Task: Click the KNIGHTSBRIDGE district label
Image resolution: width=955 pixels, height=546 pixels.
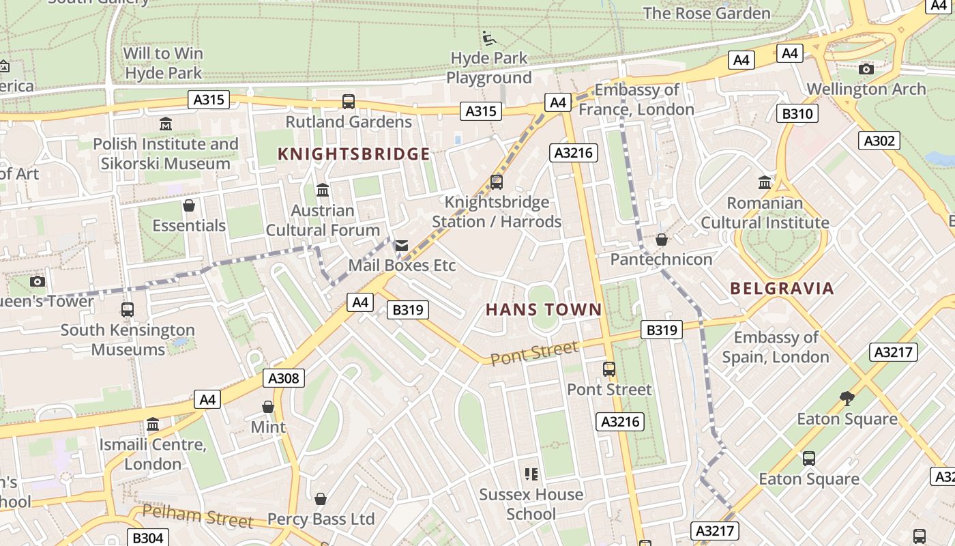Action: pyautogui.click(x=353, y=154)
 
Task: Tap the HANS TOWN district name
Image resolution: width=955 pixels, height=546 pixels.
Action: pyautogui.click(x=544, y=310)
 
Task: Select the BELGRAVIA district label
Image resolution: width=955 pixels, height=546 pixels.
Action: pyautogui.click(x=782, y=288)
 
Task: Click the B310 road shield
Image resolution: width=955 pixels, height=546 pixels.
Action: pyautogui.click(x=797, y=113)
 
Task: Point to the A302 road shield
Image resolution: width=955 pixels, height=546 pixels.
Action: pyautogui.click(x=879, y=141)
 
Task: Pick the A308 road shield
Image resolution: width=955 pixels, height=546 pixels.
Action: pyautogui.click(x=284, y=378)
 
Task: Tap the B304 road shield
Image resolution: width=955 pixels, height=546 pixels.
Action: pyautogui.click(x=147, y=538)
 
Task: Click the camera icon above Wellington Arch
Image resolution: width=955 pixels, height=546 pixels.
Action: pyautogui.click(x=866, y=69)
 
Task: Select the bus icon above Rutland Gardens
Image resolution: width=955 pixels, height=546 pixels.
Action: pyautogui.click(x=349, y=102)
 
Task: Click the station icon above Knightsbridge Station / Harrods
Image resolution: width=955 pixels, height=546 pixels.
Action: pyautogui.click(x=497, y=182)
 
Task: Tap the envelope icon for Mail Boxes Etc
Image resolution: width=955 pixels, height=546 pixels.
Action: pyautogui.click(x=402, y=246)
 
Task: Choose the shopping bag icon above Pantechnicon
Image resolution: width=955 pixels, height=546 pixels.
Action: pyautogui.click(x=661, y=240)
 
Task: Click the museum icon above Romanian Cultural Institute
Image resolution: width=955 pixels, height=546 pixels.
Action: pyautogui.click(x=765, y=183)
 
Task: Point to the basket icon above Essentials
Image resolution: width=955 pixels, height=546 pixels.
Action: pyautogui.click(x=189, y=205)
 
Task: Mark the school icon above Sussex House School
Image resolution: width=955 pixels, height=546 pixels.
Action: pyautogui.click(x=531, y=474)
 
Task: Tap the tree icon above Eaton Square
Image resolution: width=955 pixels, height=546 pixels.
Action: pyautogui.click(x=847, y=398)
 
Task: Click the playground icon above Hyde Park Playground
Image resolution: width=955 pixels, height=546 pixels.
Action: pyautogui.click(x=488, y=38)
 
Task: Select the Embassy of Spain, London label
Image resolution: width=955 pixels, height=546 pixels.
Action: pyautogui.click(x=776, y=347)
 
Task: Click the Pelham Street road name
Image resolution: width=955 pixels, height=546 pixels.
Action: pyautogui.click(x=198, y=516)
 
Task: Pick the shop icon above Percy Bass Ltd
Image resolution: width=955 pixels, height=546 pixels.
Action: pyautogui.click(x=321, y=499)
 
